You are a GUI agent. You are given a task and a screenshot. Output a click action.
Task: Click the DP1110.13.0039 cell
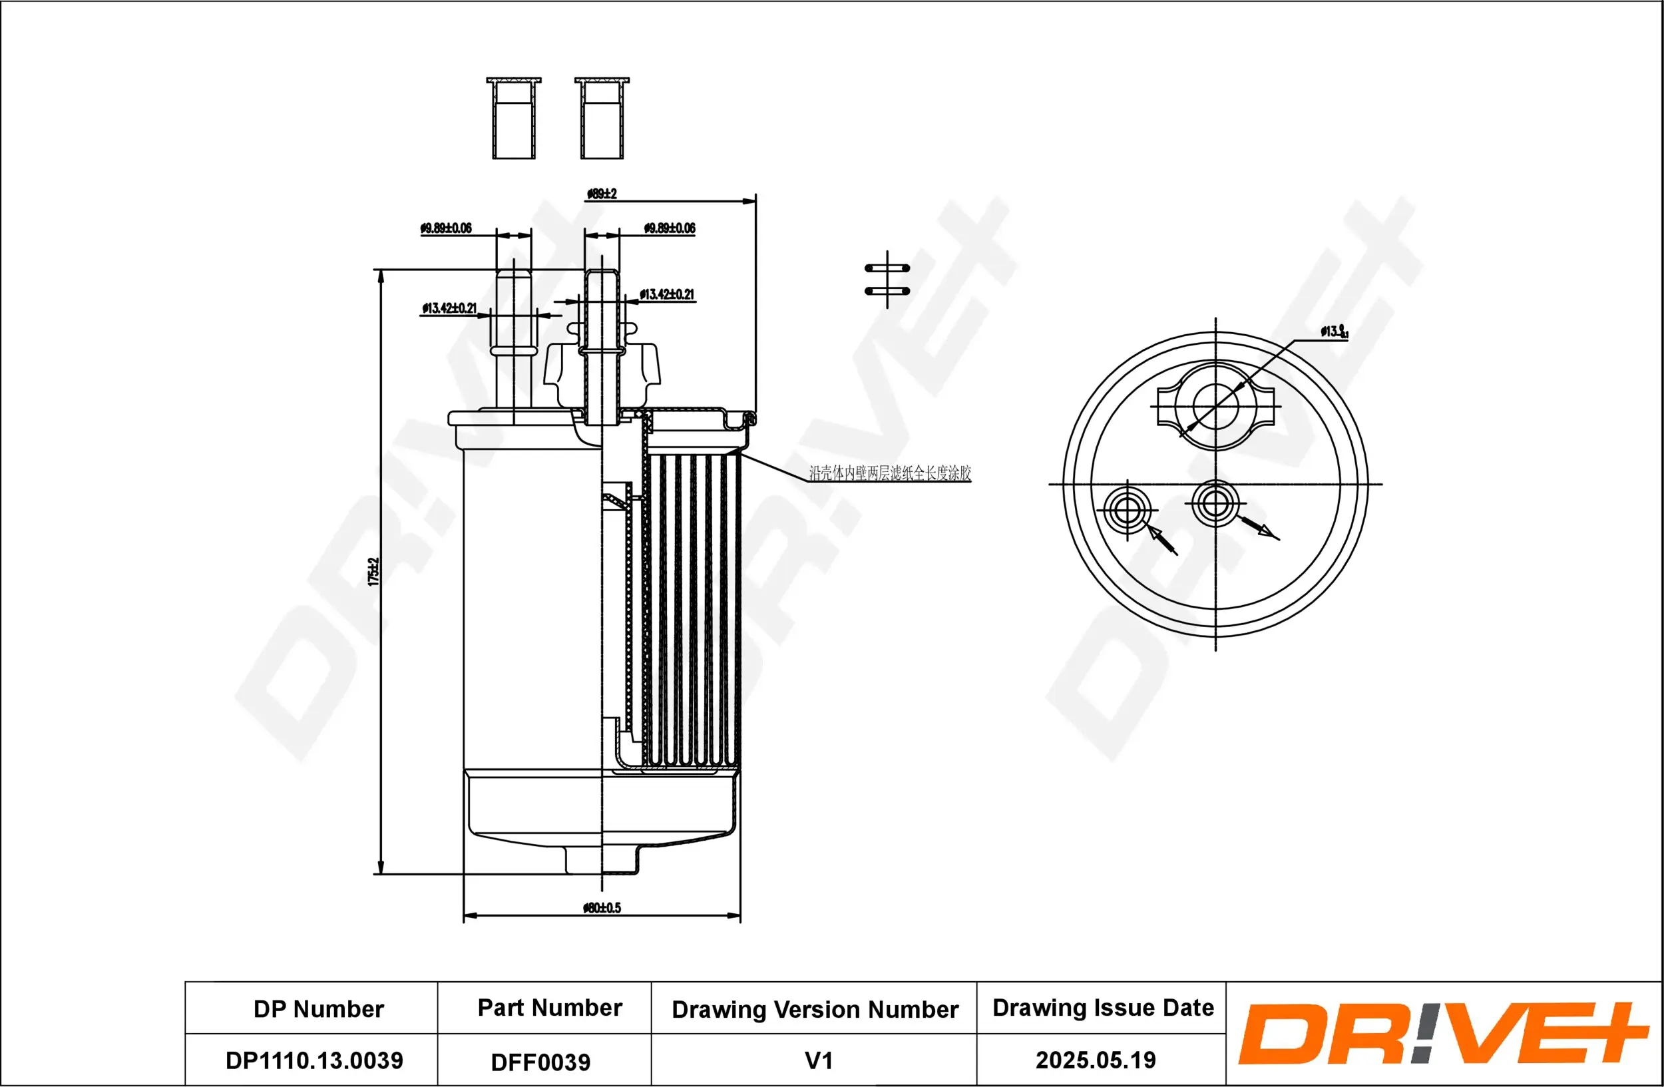tap(314, 1060)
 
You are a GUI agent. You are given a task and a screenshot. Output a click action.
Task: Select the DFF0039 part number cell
tap(540, 1062)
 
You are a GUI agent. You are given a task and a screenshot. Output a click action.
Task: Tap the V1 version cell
tap(818, 1060)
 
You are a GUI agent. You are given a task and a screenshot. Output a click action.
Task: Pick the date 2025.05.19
tap(1095, 1060)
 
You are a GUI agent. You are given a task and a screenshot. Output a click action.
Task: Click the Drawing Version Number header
tap(815, 1009)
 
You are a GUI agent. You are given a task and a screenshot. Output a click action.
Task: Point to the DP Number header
tap(318, 1008)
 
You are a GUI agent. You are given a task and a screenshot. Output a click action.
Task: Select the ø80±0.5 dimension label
tap(601, 907)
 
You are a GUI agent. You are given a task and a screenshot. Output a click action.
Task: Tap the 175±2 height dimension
tap(373, 571)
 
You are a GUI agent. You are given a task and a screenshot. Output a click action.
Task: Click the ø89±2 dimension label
tap(601, 194)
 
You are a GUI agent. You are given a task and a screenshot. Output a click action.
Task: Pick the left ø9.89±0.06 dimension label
tap(446, 228)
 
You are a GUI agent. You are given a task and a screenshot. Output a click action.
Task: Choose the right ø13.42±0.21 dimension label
tap(666, 294)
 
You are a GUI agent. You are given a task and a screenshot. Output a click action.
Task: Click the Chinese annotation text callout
tap(889, 473)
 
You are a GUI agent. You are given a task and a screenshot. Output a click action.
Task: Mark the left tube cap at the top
tap(514, 119)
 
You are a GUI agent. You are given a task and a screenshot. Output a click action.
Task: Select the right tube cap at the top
tap(602, 119)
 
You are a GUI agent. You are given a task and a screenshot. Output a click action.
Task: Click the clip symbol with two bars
tap(887, 280)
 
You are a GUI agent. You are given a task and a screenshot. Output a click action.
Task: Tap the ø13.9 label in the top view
tap(1333, 331)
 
